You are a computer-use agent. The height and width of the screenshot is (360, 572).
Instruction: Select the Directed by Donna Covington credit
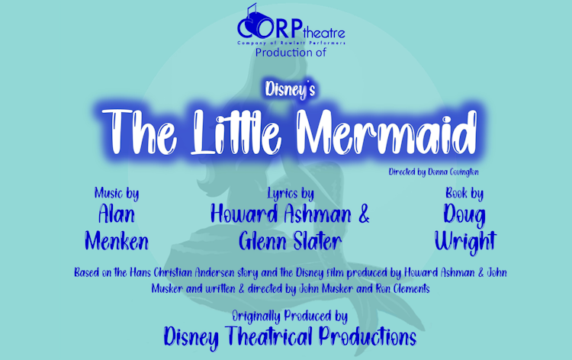click(x=432, y=173)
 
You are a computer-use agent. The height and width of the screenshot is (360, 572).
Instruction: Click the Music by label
click(x=117, y=194)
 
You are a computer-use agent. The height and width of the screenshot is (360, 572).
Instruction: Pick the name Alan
click(x=117, y=215)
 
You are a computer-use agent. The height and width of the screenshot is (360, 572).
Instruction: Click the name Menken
click(x=117, y=242)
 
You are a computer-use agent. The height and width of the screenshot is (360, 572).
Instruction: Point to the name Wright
click(x=464, y=242)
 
